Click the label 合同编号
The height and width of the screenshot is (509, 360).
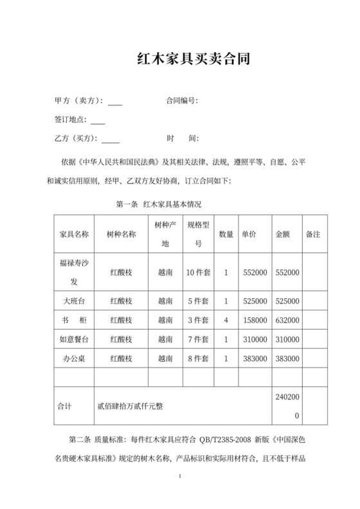(x=181, y=101)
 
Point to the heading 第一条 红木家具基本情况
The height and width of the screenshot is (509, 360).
(x=158, y=204)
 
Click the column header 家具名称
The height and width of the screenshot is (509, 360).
(x=73, y=235)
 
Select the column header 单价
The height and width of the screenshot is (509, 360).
(x=249, y=235)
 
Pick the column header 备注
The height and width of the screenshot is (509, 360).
(x=313, y=235)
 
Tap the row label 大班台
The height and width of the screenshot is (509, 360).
(x=73, y=301)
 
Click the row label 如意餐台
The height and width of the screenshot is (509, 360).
(x=73, y=339)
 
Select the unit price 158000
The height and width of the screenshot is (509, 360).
(x=255, y=320)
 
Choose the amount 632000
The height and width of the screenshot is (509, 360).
(x=287, y=320)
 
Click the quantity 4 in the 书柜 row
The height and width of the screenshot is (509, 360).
(x=226, y=320)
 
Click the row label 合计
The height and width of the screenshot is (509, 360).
(x=65, y=406)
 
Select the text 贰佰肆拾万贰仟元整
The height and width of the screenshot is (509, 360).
(x=130, y=406)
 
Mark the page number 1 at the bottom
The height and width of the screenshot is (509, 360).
(x=181, y=477)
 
